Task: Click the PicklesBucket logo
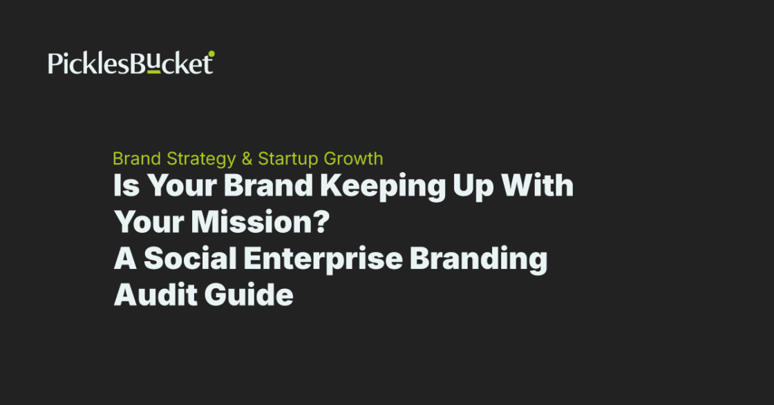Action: [131, 63]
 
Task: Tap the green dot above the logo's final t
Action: [211, 53]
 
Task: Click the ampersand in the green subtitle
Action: [247, 159]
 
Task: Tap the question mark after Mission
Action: [321, 223]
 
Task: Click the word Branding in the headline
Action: [478, 260]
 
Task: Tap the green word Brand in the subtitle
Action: [138, 159]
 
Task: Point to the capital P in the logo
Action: [54, 64]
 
